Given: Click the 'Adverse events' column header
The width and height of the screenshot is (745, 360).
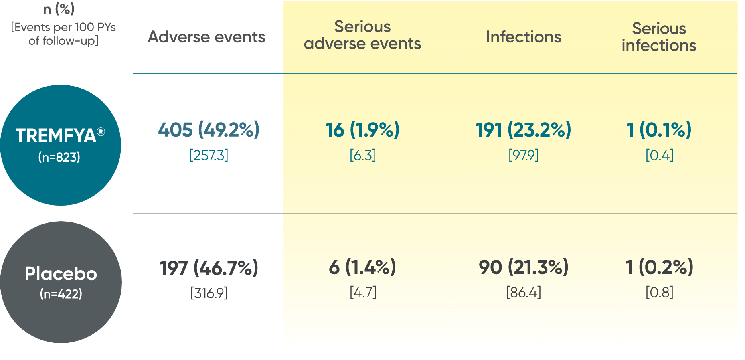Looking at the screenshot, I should (206, 37).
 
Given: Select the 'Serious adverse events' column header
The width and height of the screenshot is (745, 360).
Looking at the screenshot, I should (362, 35).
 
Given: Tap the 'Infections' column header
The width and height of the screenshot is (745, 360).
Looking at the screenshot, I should (523, 37).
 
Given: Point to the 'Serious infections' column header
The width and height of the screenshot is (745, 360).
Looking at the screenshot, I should (659, 37).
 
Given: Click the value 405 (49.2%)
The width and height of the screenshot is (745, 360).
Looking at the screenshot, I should (209, 130).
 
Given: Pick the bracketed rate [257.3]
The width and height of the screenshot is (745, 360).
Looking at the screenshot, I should (209, 155).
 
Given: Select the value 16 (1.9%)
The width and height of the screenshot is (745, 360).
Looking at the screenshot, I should (362, 130).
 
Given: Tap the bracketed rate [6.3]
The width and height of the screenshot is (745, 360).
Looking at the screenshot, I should (363, 155).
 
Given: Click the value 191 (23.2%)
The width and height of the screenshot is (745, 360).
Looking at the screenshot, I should (523, 130).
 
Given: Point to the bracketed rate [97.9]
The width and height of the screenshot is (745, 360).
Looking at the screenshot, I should (523, 155).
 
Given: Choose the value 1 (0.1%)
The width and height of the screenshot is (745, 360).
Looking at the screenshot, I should (659, 130).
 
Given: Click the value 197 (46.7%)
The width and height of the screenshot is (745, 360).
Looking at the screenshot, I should (209, 268).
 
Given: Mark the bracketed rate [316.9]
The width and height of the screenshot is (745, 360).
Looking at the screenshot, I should (209, 293).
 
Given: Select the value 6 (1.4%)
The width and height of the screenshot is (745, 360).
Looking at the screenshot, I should (362, 267).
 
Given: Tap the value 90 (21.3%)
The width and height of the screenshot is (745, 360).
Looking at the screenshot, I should (523, 267).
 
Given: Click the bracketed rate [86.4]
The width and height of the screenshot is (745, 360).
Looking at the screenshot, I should (523, 292).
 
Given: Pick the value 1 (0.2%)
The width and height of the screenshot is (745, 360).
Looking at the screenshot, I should (659, 267).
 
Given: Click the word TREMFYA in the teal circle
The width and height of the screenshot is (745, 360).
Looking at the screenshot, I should (56, 136).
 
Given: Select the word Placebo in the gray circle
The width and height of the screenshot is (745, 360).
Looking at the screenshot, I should (61, 274).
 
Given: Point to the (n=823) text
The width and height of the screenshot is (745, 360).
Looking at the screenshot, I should (59, 157).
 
